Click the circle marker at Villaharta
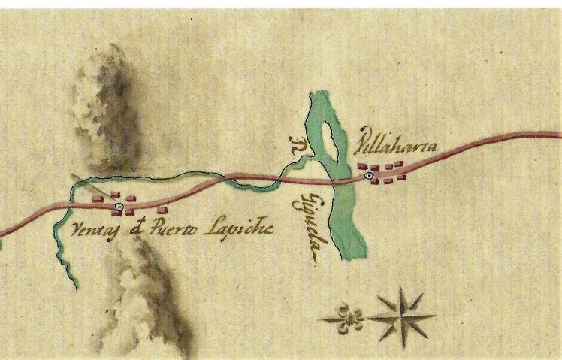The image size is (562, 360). point(368,176)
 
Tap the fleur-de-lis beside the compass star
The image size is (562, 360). point(347,317)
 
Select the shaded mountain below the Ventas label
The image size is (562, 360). point(147,293)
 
